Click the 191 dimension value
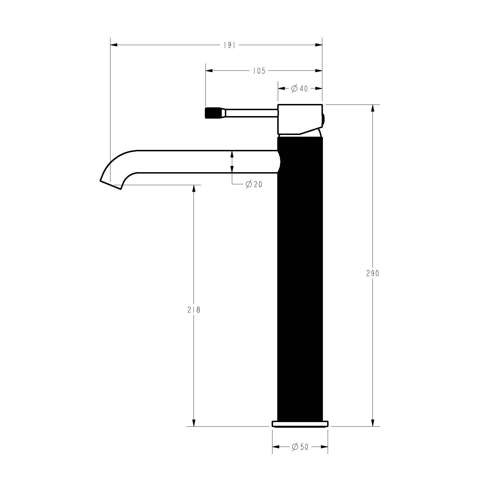tap(230, 45)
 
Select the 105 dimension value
tap(259, 71)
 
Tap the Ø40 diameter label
tap(300, 89)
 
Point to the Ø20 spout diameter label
tap(254, 185)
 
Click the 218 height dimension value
tap(194, 310)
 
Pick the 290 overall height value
tap(373, 273)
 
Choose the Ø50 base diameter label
tap(300, 455)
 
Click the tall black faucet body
tap(300, 282)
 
